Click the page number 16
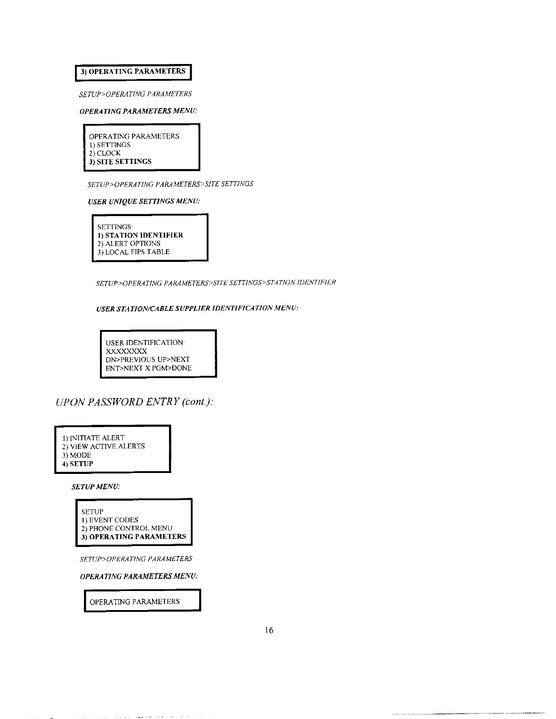click(269, 630)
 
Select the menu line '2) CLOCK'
click(105, 153)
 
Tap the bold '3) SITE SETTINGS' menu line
click(120, 162)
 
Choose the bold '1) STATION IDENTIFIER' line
click(140, 235)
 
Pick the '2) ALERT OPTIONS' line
click(129, 243)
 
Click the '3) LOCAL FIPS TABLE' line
click(134, 252)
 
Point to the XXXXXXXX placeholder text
click(126, 351)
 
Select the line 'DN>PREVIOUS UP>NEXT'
click(148, 359)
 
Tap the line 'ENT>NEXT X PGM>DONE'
click(149, 368)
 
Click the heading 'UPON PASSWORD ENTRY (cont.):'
click(134, 402)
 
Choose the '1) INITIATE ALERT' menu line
click(94, 438)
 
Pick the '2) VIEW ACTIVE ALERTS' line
click(104, 446)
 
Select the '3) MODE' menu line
click(77, 455)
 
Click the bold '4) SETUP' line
click(78, 464)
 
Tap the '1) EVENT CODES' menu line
click(109, 520)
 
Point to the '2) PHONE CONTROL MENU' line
click(127, 528)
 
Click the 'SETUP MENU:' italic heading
click(96, 487)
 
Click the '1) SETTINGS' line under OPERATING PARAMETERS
click(109, 145)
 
